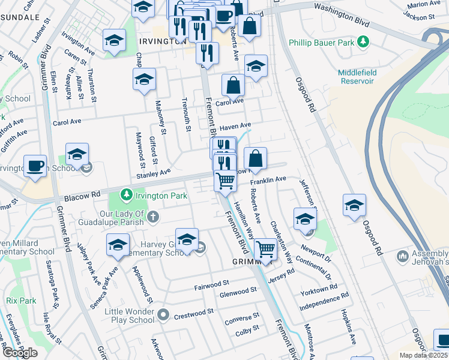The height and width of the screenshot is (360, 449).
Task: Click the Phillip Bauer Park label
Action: pos(323,43)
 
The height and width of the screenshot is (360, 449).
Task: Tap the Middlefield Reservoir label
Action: pos(357,77)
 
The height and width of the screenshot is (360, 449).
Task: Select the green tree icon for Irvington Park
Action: pos(126,194)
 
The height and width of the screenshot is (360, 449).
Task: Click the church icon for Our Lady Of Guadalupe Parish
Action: pos(153,216)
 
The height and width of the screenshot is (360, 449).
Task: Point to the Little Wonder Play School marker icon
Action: pos(163,314)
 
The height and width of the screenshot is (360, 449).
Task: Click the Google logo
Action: pos(20,352)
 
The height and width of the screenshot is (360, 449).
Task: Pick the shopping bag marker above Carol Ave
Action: pos(233,86)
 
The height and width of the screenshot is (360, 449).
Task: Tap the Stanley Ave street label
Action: pos(154,174)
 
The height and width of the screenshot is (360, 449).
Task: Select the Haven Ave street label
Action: pos(235,127)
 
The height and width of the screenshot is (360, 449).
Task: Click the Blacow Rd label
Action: pos(83,196)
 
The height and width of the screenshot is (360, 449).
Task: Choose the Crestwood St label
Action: pos(193,314)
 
